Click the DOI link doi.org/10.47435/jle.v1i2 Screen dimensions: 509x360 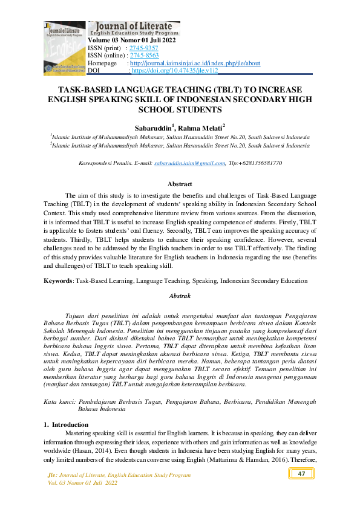coord(175,71)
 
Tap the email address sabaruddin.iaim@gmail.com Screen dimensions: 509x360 coord(189,164)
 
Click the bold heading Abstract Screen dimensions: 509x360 coord(180,184)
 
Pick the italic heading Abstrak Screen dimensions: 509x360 coord(180,296)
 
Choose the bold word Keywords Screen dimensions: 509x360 coord(59,280)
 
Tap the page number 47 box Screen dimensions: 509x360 coord(301,474)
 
